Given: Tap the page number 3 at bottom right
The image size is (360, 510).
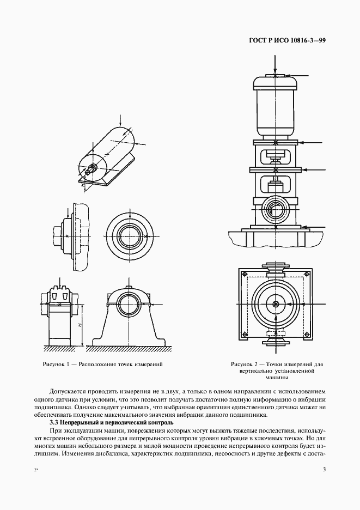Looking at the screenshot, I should click(324, 470).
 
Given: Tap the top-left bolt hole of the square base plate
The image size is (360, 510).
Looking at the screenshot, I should click(244, 274).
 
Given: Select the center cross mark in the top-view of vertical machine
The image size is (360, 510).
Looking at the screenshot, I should click(276, 304).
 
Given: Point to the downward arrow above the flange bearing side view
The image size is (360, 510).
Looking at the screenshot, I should click(68, 211).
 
